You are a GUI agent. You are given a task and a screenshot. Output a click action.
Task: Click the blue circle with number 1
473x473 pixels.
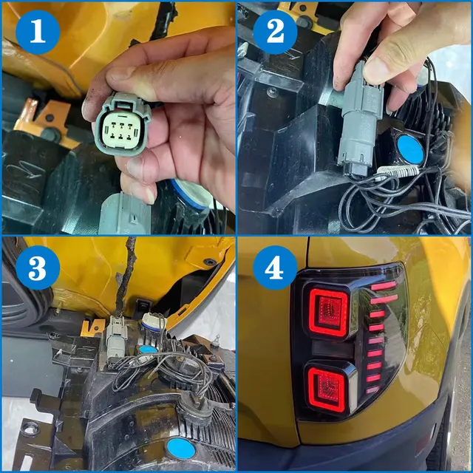pyautogui.click(x=38, y=33)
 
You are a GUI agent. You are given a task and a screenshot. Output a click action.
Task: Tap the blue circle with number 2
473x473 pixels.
pyautogui.click(x=275, y=33)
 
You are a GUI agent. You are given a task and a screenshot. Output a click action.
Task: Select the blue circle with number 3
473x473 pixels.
pyautogui.click(x=38, y=268)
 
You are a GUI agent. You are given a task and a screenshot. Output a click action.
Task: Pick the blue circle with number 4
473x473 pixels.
pyautogui.click(x=275, y=268)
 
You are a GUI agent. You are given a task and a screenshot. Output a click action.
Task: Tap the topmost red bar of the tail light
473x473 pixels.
pyautogui.click(x=384, y=286)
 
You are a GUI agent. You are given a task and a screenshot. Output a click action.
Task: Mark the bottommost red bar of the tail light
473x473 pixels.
pyautogui.click(x=372, y=389)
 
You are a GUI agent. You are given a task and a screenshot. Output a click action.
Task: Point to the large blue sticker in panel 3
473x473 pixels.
pyautogui.click(x=181, y=449)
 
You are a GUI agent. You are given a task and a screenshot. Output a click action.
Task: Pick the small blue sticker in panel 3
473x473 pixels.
pyautogui.click(x=148, y=350)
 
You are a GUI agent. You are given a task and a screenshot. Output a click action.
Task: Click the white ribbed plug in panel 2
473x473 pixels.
pyautogui.click(x=398, y=171)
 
